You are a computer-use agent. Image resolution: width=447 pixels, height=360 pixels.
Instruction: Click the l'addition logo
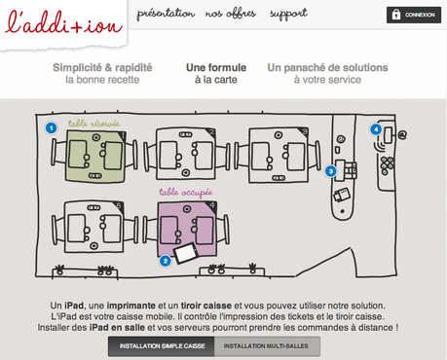click(x=63, y=22)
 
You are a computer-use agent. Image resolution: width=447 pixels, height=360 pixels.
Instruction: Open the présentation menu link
click(x=166, y=14)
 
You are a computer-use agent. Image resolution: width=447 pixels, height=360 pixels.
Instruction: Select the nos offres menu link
click(x=231, y=14)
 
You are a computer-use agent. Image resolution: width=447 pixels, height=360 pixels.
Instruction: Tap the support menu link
click(x=288, y=15)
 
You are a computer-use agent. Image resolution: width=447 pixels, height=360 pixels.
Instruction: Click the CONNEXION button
click(x=414, y=15)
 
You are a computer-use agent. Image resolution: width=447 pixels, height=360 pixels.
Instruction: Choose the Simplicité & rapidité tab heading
click(x=102, y=73)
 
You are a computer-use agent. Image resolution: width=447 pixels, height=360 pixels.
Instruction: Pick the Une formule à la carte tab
click(x=216, y=73)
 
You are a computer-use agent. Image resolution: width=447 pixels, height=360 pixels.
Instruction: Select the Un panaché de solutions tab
click(x=327, y=73)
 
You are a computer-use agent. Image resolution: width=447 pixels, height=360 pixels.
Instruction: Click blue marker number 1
click(x=51, y=127)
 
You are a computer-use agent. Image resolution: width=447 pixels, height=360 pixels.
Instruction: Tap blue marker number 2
click(x=166, y=261)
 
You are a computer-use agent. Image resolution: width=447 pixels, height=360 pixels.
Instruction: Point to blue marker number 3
click(x=331, y=171)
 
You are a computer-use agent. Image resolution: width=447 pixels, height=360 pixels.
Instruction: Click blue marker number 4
click(x=376, y=129)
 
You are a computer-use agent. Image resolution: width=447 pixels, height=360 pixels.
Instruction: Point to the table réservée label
click(x=93, y=124)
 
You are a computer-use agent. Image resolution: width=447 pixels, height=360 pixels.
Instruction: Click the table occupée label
click(x=186, y=193)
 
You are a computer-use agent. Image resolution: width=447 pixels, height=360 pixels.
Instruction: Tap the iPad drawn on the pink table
click(x=185, y=253)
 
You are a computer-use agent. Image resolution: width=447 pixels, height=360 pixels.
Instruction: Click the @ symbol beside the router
click(x=402, y=134)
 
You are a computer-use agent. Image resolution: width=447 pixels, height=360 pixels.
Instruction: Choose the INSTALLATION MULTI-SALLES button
click(x=266, y=346)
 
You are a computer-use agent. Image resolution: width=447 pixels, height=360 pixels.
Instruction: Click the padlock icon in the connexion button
click(x=395, y=15)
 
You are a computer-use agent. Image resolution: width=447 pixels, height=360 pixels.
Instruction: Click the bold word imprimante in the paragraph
click(x=131, y=306)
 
